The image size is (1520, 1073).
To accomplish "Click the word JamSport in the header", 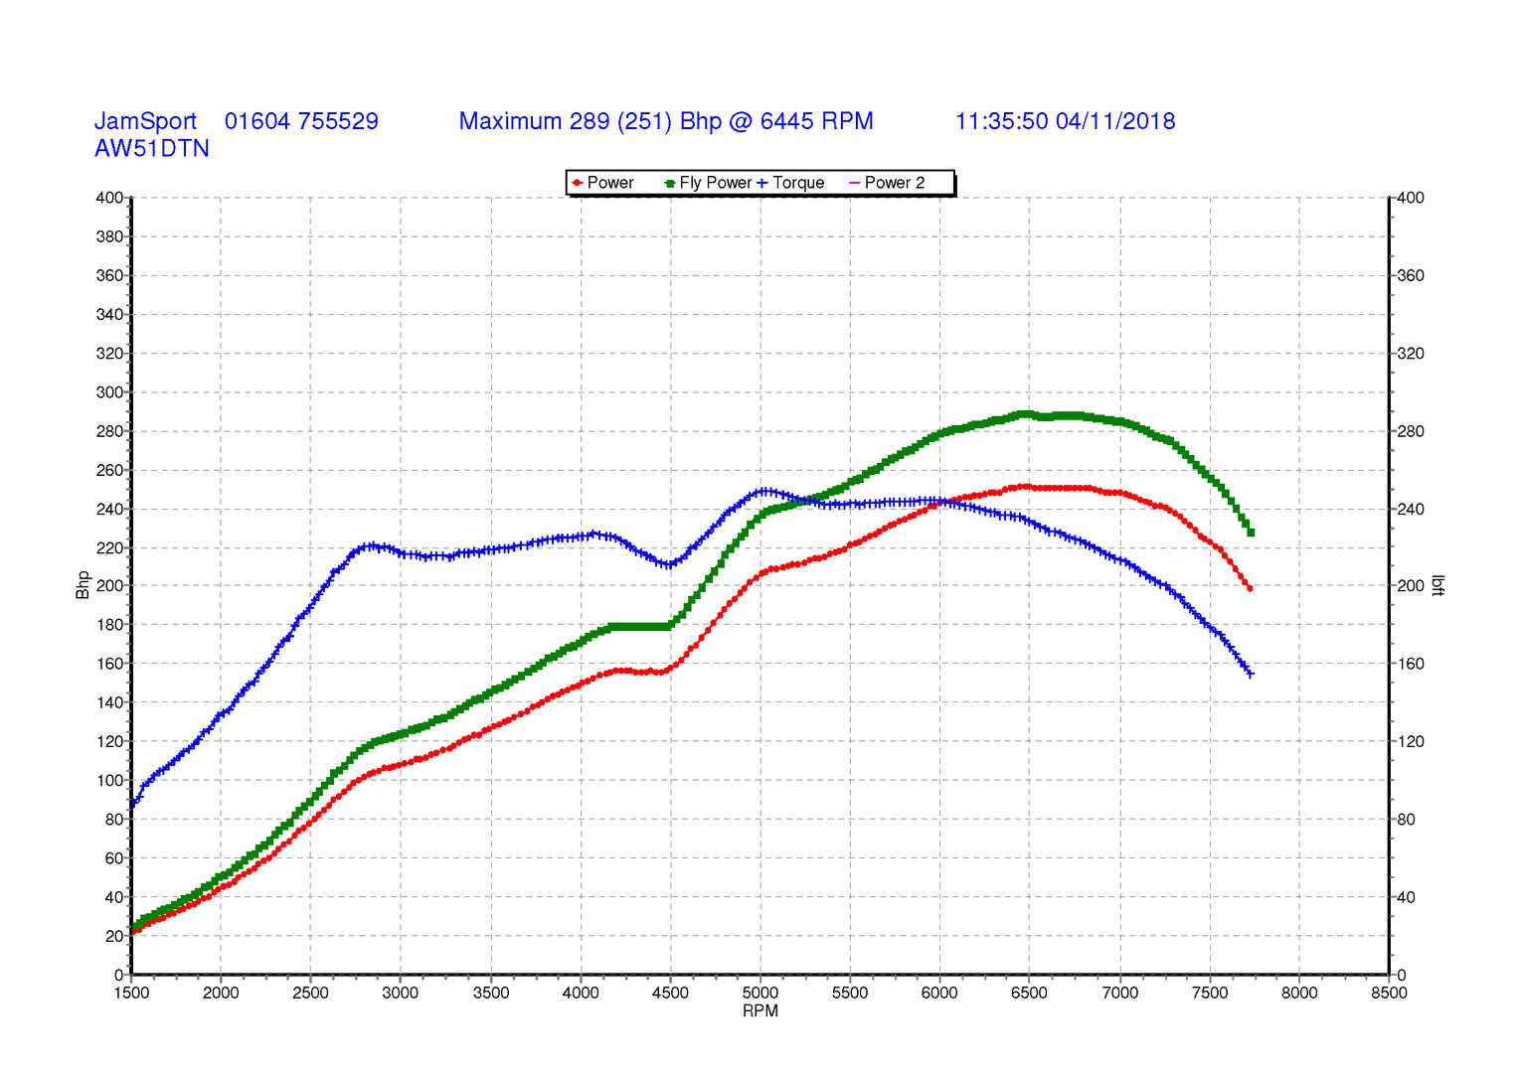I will [x=145, y=121].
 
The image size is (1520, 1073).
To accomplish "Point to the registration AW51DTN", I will [x=152, y=149].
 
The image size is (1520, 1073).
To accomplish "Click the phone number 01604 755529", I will [x=301, y=121].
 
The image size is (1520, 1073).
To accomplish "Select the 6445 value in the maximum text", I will [x=786, y=121].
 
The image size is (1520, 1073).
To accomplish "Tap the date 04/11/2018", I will [x=1115, y=121].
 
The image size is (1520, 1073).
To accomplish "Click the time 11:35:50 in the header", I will [x=1001, y=121].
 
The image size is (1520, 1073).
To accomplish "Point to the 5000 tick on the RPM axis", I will [x=760, y=993].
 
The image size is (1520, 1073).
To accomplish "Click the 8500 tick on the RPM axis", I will [x=1389, y=993].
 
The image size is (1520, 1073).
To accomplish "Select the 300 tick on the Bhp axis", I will [x=109, y=392].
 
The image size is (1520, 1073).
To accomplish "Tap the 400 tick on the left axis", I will [x=109, y=198].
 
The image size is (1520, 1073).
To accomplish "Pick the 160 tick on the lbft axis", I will [x=1411, y=664].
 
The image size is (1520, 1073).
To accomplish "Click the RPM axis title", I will [x=760, y=1011].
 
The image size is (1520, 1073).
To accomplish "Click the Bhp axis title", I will [x=84, y=584].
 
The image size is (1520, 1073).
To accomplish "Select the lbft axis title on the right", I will [x=1437, y=585].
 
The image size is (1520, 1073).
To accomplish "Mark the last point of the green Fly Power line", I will [x=1251, y=534].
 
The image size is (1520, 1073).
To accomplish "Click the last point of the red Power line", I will [x=1250, y=589].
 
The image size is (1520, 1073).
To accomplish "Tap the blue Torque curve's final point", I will [x=1250, y=675].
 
